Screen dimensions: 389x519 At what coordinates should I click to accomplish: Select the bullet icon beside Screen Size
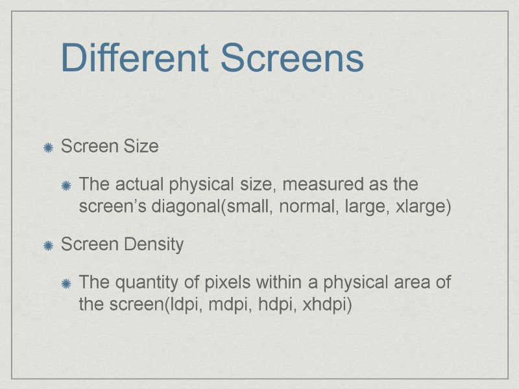pos(48,148)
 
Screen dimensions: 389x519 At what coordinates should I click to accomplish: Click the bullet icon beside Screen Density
pos(48,246)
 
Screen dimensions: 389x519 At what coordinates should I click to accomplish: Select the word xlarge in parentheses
pos(424,207)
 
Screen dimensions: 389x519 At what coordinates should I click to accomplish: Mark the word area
pos(415,283)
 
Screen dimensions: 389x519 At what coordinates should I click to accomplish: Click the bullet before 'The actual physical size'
pos(66,187)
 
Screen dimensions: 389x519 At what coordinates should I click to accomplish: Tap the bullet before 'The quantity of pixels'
pos(66,285)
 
